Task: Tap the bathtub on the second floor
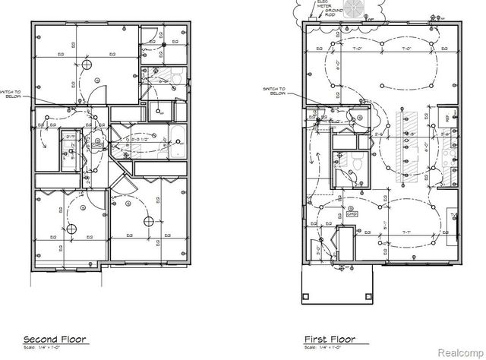pos(178,141)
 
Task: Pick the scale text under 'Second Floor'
pos(43,346)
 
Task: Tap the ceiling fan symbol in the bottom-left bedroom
pos(70,229)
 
